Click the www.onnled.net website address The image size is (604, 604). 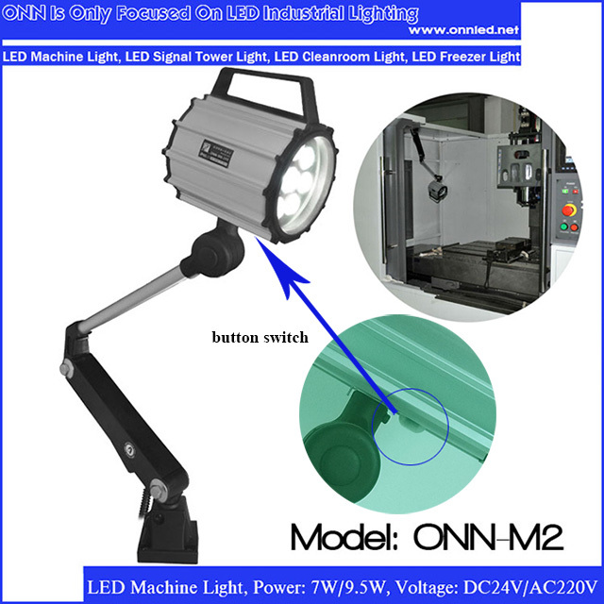[463, 30]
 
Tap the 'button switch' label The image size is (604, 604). [260, 338]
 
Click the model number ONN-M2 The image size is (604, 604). [488, 537]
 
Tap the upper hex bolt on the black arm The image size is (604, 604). [66, 367]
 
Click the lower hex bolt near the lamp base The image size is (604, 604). [158, 490]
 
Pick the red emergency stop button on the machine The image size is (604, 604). [568, 210]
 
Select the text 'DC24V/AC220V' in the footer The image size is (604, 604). [529, 588]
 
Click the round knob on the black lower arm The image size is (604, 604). [129, 449]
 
